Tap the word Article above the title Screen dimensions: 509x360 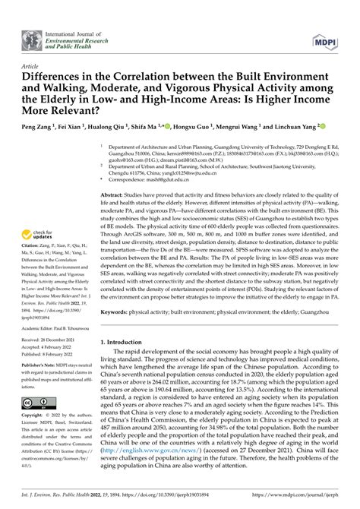(x=33, y=67)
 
